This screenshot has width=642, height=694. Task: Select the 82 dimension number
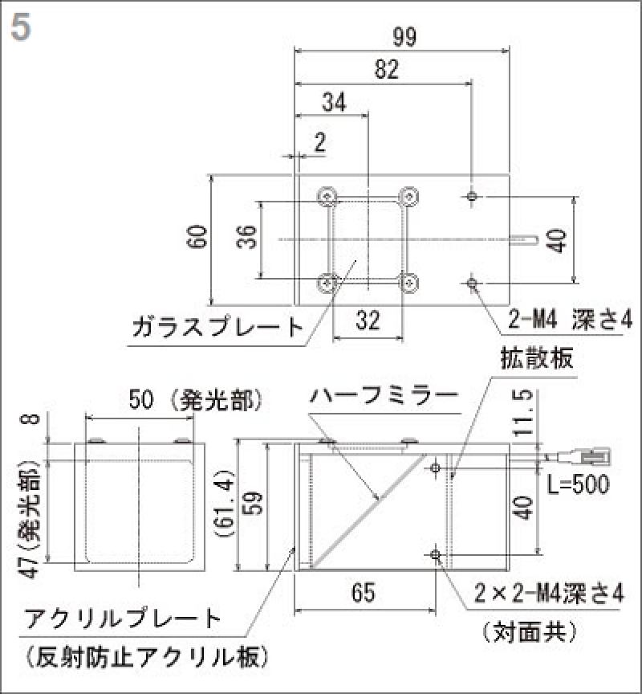coord(386,71)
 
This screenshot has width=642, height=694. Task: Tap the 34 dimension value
coord(334,103)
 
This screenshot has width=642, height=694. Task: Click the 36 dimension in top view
coord(249,239)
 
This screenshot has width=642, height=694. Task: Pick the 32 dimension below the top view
coord(368,321)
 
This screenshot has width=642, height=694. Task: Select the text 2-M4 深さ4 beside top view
coord(570,320)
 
